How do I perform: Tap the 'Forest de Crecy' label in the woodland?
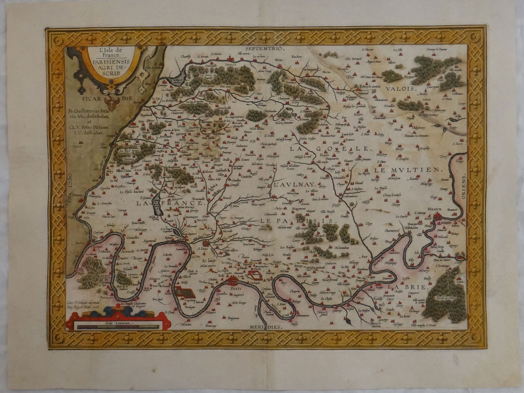(x=439, y=298)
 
